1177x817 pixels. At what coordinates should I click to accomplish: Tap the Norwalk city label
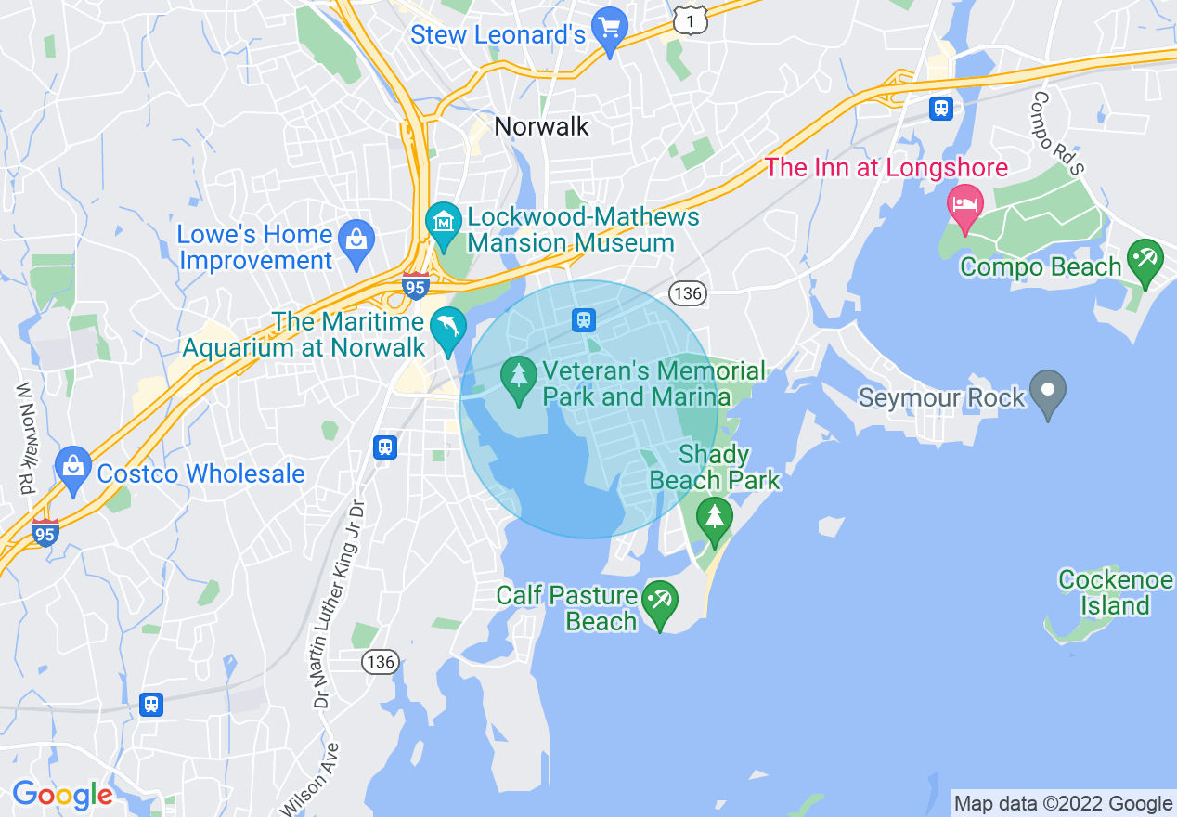pyautogui.click(x=542, y=126)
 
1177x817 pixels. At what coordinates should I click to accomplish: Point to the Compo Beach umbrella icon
pyautogui.click(x=1145, y=261)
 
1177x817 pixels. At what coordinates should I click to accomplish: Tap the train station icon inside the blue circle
pyautogui.click(x=584, y=320)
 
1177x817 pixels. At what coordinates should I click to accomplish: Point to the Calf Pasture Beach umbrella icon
pyautogui.click(x=660, y=602)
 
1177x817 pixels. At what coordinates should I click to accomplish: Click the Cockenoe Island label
pyautogui.click(x=1116, y=592)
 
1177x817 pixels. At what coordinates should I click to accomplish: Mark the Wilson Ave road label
pyautogui.click(x=317, y=778)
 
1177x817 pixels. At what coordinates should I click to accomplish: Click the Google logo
pyautogui.click(x=61, y=795)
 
